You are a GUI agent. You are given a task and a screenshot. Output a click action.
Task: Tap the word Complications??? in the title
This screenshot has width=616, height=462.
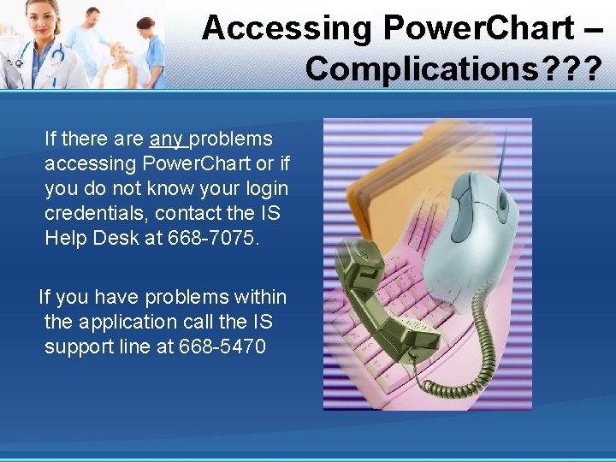tap(453, 69)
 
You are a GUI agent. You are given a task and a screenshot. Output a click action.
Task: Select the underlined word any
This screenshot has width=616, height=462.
tap(166, 139)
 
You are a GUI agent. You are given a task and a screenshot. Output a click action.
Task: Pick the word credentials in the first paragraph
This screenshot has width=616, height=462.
tap(96, 213)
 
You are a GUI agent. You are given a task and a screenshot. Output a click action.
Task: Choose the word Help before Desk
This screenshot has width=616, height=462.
tap(66, 238)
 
